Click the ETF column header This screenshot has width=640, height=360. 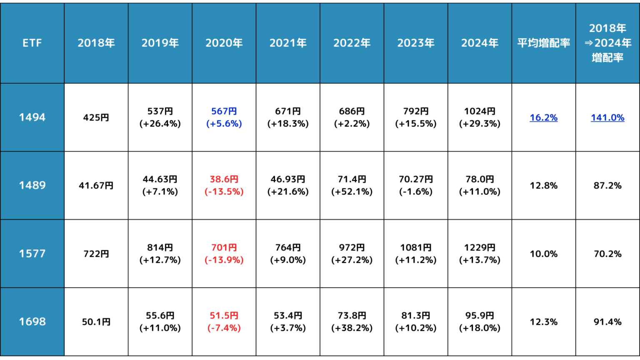32,43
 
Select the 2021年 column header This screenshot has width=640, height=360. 288,43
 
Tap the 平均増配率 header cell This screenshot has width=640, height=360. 543,43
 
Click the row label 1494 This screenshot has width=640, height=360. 32,117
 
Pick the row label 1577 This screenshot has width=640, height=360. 32,253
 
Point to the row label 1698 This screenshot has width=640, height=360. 32,322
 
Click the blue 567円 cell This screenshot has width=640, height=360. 224,117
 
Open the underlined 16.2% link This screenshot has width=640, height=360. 543,117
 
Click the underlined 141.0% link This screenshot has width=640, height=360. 607,117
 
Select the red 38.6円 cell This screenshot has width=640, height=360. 224,185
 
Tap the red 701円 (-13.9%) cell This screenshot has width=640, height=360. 224,253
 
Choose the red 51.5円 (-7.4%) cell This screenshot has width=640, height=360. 224,322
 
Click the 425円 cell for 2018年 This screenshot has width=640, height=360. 96,117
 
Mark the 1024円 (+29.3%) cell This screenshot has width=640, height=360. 480,117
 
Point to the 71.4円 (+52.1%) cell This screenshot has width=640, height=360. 352,185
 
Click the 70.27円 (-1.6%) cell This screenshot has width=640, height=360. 416,185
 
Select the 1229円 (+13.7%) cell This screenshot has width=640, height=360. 480,253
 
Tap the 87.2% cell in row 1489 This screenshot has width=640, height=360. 607,185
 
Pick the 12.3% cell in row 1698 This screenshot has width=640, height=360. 543,322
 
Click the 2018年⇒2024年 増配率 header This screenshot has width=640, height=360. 607,43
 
